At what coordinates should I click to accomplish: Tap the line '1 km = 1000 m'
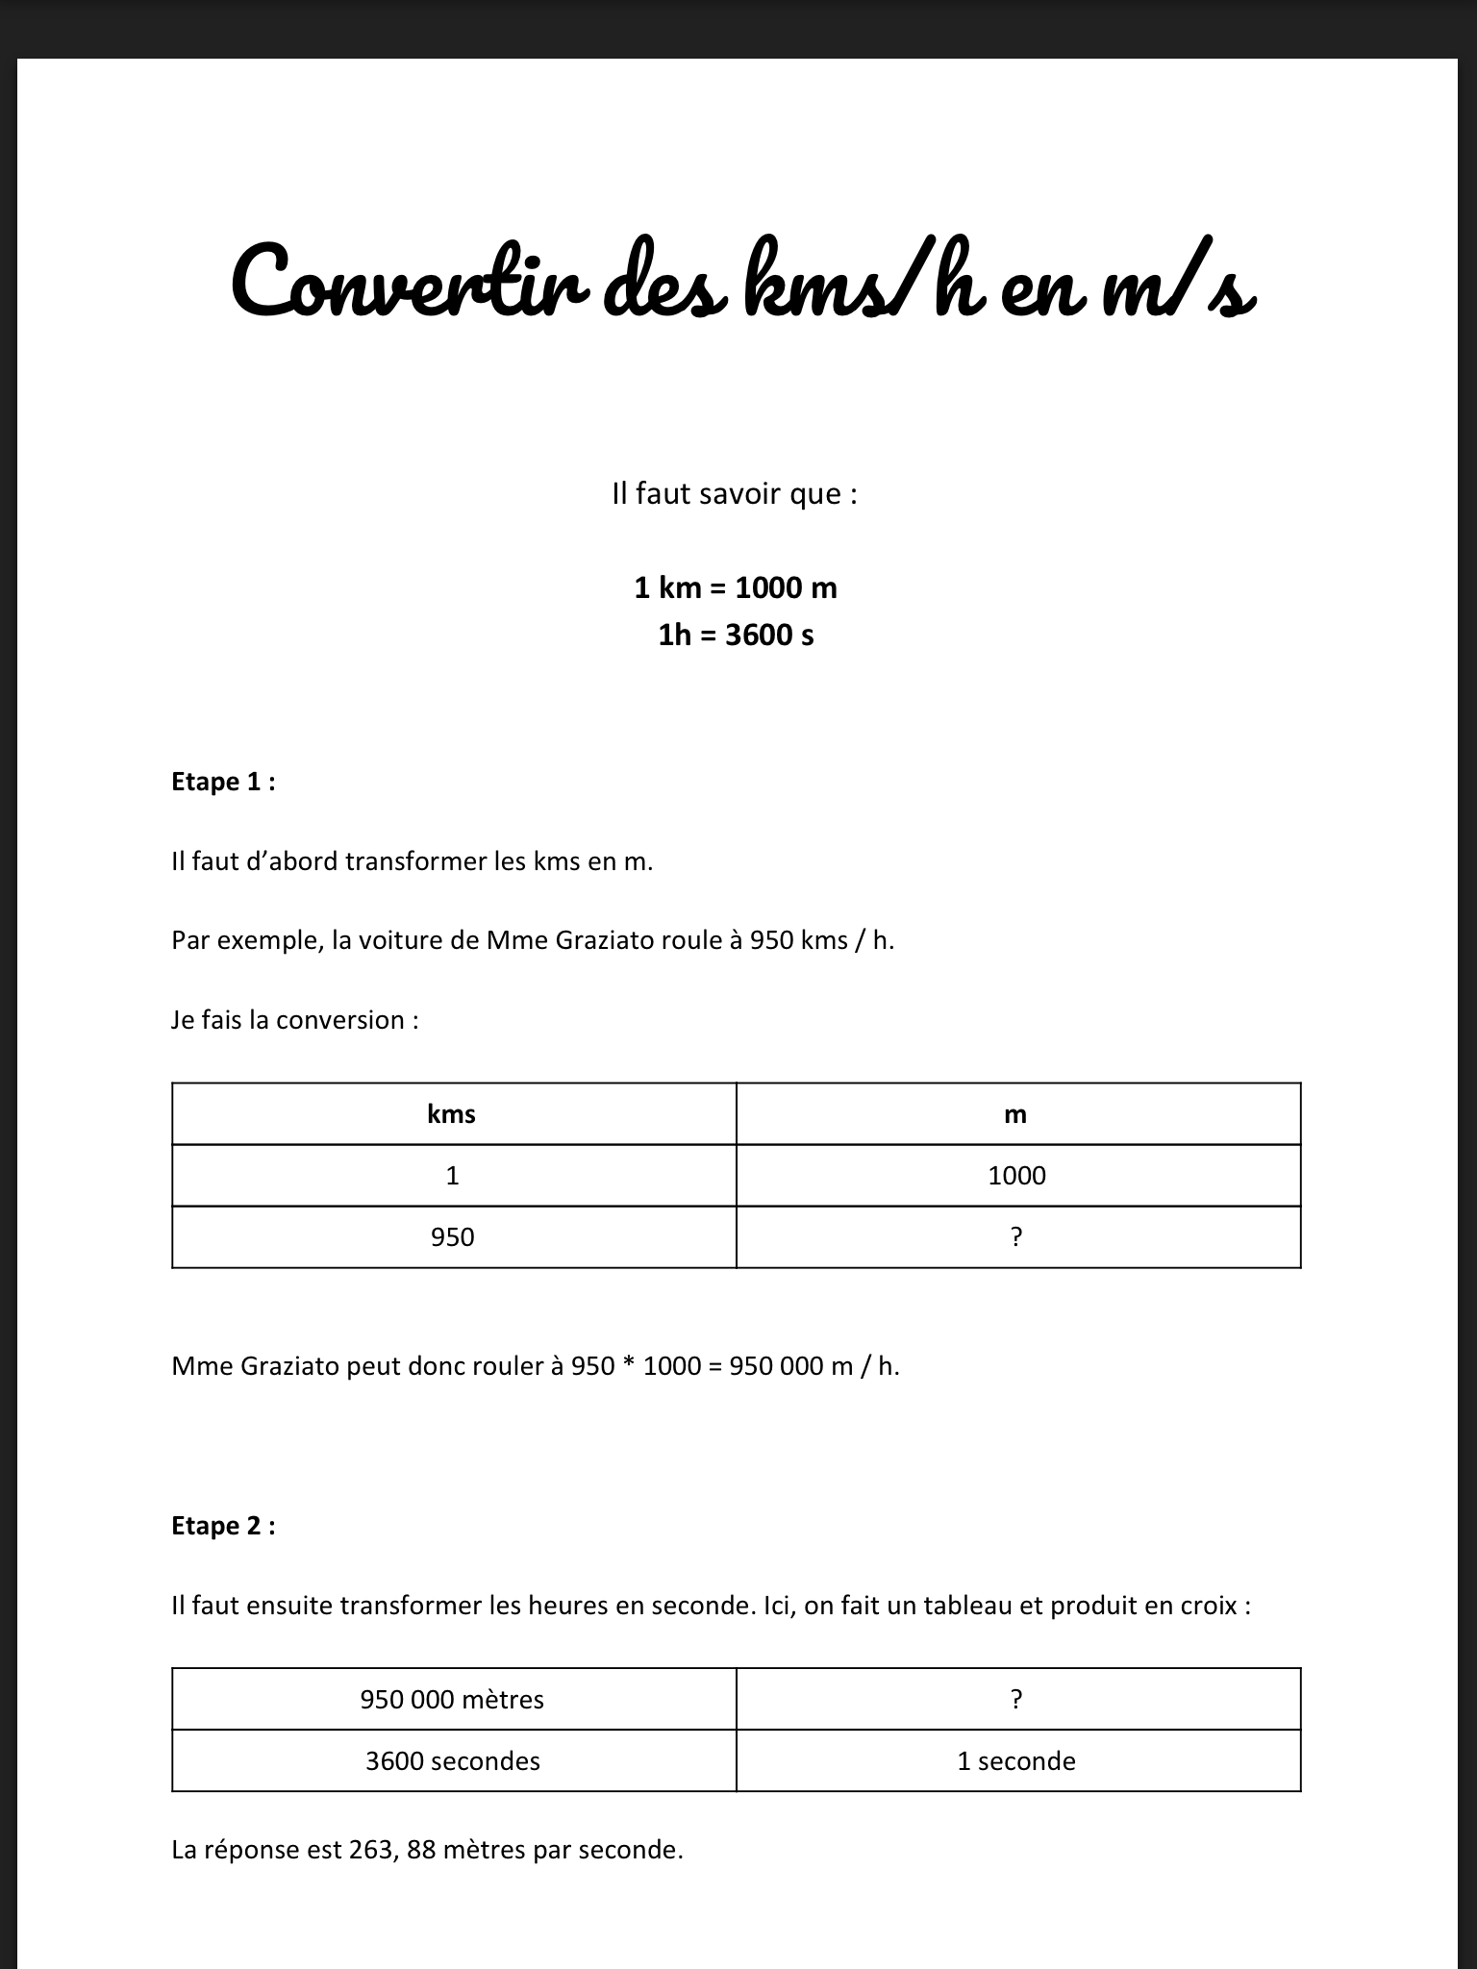point(736,587)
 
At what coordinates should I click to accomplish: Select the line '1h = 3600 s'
point(736,635)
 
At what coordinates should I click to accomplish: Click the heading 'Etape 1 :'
point(223,782)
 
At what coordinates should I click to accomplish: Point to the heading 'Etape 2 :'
point(223,1526)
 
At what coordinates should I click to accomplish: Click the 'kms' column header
point(452,1114)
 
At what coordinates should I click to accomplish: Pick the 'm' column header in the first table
point(1016,1114)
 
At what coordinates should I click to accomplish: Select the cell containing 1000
point(1016,1175)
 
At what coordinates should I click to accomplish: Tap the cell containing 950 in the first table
point(452,1236)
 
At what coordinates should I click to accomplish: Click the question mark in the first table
point(1016,1236)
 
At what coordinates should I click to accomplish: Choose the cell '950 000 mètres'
point(452,1700)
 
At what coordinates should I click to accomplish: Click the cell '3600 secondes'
point(452,1761)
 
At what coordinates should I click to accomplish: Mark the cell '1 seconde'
point(1016,1761)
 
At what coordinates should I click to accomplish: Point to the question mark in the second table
point(1016,1700)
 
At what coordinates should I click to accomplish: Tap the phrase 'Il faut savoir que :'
point(735,494)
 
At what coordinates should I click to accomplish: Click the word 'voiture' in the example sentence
point(398,940)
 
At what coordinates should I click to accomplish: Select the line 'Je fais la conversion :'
point(295,1020)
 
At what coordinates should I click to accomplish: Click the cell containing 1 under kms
point(452,1175)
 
